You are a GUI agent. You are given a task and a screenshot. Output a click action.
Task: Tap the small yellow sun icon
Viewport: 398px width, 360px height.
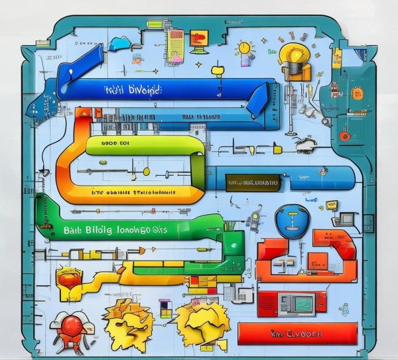coord(244,48)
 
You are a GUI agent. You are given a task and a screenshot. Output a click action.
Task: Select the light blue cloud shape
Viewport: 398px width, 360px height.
coord(120,43)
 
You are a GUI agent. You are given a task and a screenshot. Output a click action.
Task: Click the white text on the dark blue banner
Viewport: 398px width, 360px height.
coord(133,89)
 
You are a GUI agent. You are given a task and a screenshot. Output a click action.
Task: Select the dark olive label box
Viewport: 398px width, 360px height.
coord(252,182)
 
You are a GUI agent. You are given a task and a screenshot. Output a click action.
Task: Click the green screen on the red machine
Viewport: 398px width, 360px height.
coord(303,304)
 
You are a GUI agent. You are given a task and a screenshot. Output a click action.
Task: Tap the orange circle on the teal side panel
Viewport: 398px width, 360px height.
coord(357,92)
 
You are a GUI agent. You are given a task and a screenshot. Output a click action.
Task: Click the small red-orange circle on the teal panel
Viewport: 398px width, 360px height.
coord(344,135)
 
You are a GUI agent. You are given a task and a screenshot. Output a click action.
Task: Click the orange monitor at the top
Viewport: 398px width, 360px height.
coord(198,38)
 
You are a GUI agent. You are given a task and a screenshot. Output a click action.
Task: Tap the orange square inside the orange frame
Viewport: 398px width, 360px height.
coord(317,259)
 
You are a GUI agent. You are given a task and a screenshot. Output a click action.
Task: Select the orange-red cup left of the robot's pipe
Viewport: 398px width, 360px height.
coord(67,277)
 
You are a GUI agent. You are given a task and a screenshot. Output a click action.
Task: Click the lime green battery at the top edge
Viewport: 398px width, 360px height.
coord(154,24)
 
